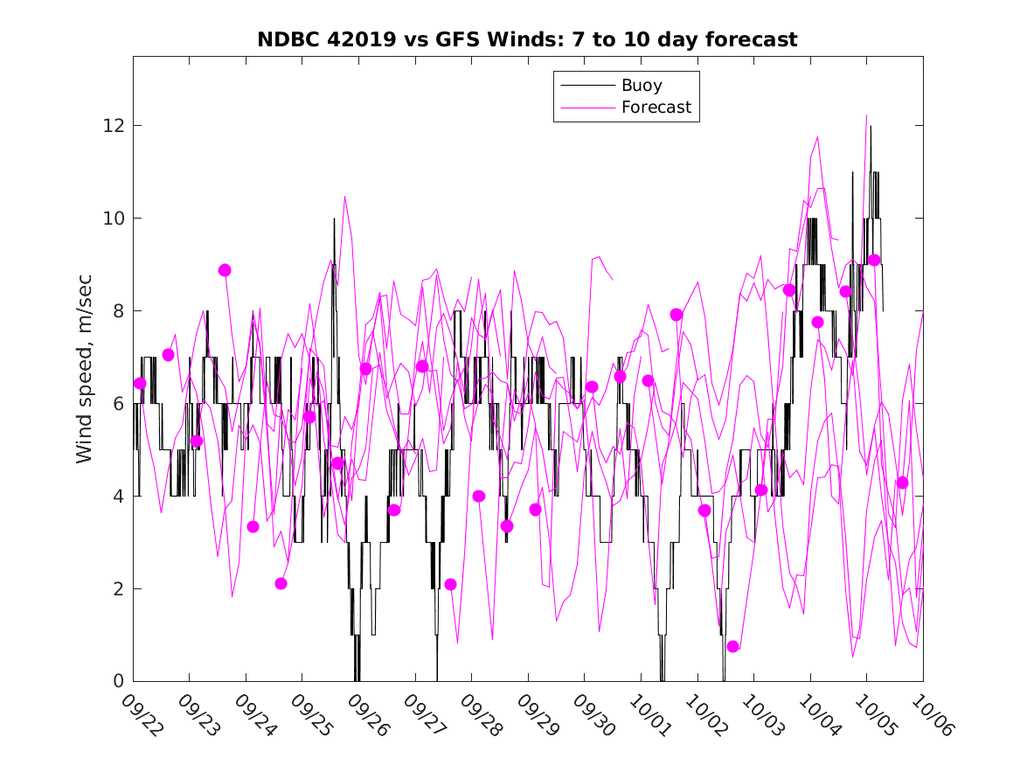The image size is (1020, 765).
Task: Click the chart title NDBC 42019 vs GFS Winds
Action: coord(527,40)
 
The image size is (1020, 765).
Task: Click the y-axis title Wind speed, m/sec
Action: coord(85,368)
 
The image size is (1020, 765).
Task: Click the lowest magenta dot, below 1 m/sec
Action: coord(733,646)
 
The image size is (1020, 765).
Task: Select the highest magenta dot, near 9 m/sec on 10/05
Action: coord(874,260)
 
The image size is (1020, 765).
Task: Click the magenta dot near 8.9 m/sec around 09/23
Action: coord(225,270)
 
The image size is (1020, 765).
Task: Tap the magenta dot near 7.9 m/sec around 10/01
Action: coord(677,315)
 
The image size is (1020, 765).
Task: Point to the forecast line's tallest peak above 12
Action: coord(866,115)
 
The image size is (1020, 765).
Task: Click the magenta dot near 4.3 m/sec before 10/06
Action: coord(902,483)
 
